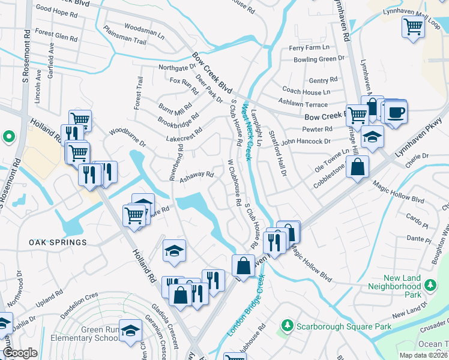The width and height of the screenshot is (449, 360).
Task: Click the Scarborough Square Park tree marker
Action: point(288,326)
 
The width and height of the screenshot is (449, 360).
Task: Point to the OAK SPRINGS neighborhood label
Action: point(57,242)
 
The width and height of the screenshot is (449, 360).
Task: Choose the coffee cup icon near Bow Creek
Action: point(395,112)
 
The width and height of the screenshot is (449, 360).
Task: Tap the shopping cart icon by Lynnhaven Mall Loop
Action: point(414,27)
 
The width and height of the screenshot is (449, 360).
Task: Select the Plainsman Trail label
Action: point(125,35)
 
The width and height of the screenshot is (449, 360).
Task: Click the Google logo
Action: point(20,353)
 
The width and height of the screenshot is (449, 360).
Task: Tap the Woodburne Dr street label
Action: point(127,137)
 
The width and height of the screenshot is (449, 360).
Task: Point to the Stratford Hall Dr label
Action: point(280,151)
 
